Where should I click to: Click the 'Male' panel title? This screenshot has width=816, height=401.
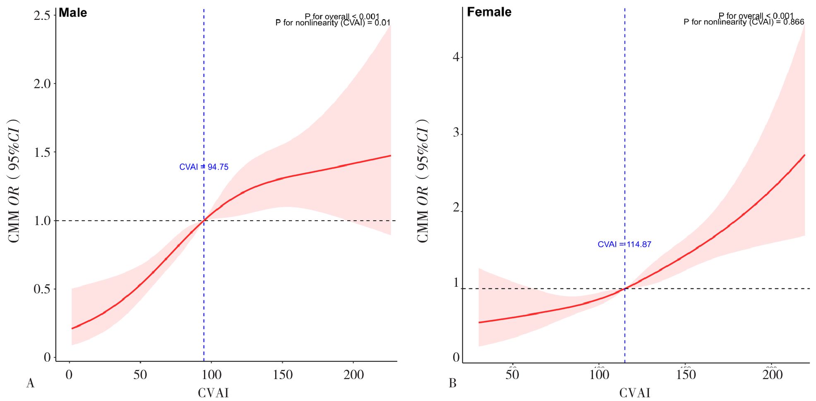tap(73, 13)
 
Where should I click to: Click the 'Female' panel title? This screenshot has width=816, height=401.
tap(489, 12)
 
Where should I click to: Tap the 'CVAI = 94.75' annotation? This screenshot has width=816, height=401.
tap(204, 167)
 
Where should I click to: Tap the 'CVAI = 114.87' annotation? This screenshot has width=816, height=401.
tap(624, 244)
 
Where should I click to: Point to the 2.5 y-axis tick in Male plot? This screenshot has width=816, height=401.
tap(42, 15)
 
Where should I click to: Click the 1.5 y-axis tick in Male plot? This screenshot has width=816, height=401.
tap(42, 152)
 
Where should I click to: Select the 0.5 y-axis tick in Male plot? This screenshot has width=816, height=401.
tap(42, 289)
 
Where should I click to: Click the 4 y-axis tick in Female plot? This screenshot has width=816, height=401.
tap(456, 57)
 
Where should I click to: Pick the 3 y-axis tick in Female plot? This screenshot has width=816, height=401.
tap(456, 132)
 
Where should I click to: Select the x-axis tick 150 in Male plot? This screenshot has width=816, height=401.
tap(283, 375)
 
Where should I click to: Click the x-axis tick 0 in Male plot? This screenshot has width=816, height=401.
tap(69, 375)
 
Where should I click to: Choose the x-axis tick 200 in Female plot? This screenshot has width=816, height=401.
tap(772, 375)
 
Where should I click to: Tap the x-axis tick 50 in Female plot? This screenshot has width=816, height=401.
tap(512, 375)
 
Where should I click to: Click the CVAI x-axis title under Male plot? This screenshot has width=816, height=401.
tap(213, 393)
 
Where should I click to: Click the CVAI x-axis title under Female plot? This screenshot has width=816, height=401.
tap(635, 393)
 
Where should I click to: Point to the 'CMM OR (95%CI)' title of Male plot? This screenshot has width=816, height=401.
tap(14, 181)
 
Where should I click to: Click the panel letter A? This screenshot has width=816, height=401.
tap(30, 383)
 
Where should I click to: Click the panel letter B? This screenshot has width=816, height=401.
tap(453, 383)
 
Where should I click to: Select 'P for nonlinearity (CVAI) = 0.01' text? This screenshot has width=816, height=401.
tap(333, 23)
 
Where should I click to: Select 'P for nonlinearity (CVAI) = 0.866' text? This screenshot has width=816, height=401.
tap(744, 22)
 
